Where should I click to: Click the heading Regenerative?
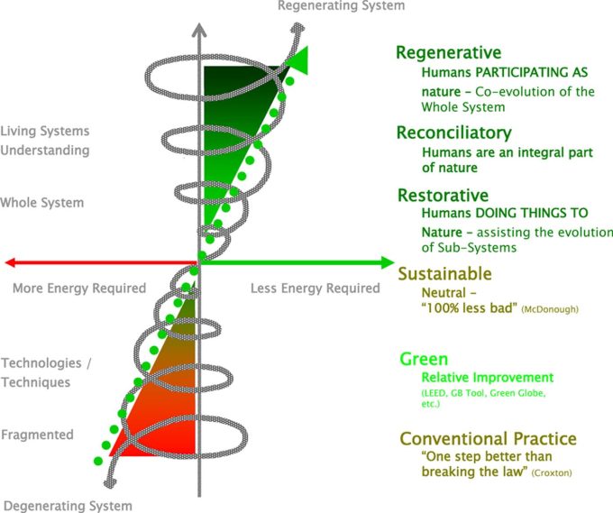point(448,53)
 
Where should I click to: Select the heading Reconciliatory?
point(454,133)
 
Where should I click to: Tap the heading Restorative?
point(443,196)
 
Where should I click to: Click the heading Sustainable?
point(445,274)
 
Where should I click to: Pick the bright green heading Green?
point(424,360)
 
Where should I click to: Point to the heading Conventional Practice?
point(488,439)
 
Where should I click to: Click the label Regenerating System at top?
point(341,6)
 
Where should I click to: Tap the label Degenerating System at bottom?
point(68,506)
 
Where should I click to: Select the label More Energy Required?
point(78,289)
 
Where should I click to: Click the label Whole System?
point(42,203)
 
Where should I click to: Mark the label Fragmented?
point(37,435)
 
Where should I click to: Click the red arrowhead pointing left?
point(11,263)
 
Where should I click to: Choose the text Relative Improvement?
point(488,378)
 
